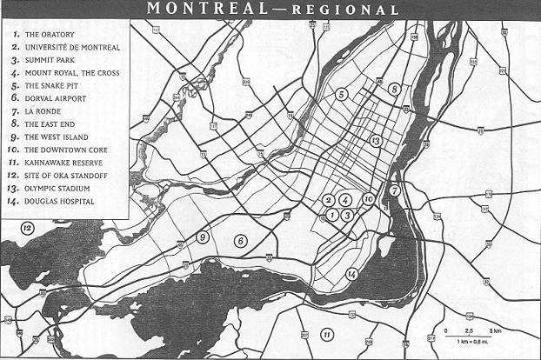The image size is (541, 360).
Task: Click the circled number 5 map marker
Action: (x=342, y=94)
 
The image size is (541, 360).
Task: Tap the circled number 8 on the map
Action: (x=394, y=89)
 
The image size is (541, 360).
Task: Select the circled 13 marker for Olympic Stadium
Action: (x=376, y=140)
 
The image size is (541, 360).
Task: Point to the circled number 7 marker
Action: (x=394, y=190)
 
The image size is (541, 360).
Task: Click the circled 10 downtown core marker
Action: (x=368, y=199)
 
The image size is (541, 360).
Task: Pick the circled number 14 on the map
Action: (x=352, y=274)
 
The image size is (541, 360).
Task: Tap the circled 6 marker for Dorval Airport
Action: (x=241, y=241)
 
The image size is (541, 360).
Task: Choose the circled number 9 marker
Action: (x=203, y=237)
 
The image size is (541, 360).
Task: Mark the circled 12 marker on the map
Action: (x=28, y=228)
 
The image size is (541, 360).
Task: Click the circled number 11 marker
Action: (x=327, y=334)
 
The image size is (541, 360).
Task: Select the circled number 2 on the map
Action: (x=328, y=200)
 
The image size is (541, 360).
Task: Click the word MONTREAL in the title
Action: (x=206, y=10)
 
